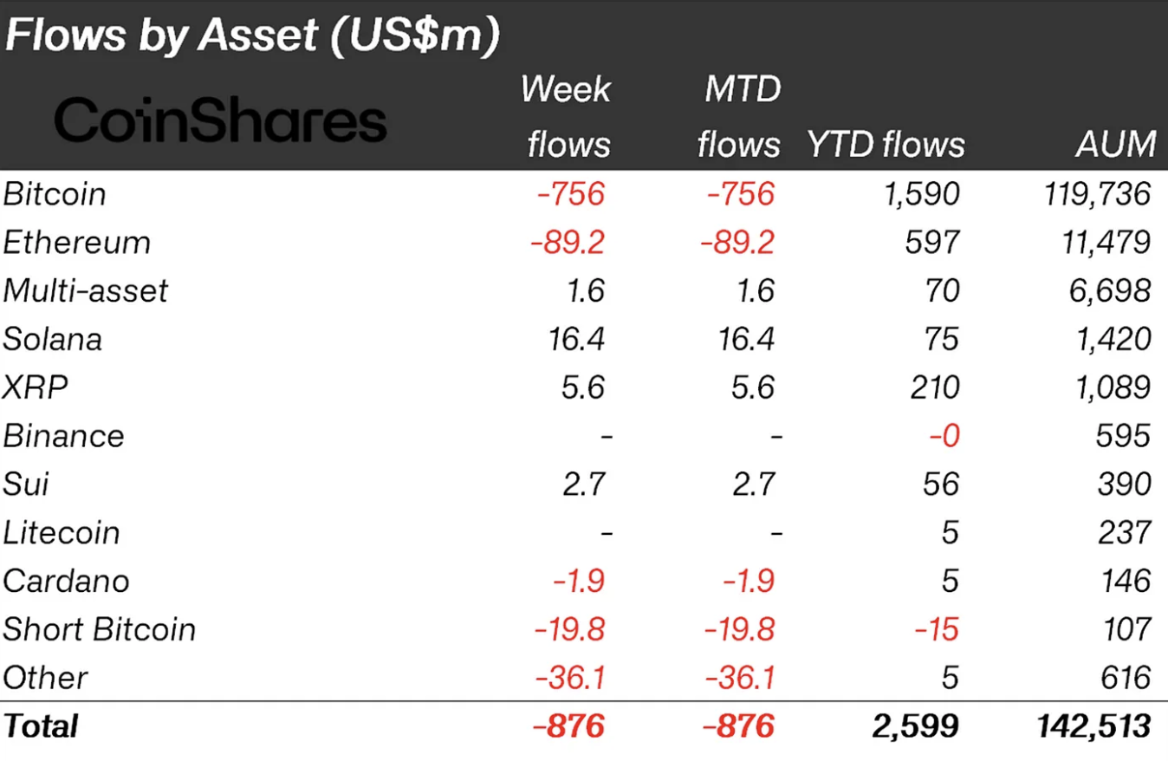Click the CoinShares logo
click(220, 120)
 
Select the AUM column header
click(1116, 144)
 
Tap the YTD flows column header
click(885, 144)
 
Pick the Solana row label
click(53, 339)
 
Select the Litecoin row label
click(62, 532)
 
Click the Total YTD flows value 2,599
click(914, 725)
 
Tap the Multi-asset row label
click(86, 290)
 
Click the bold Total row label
click(41, 725)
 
